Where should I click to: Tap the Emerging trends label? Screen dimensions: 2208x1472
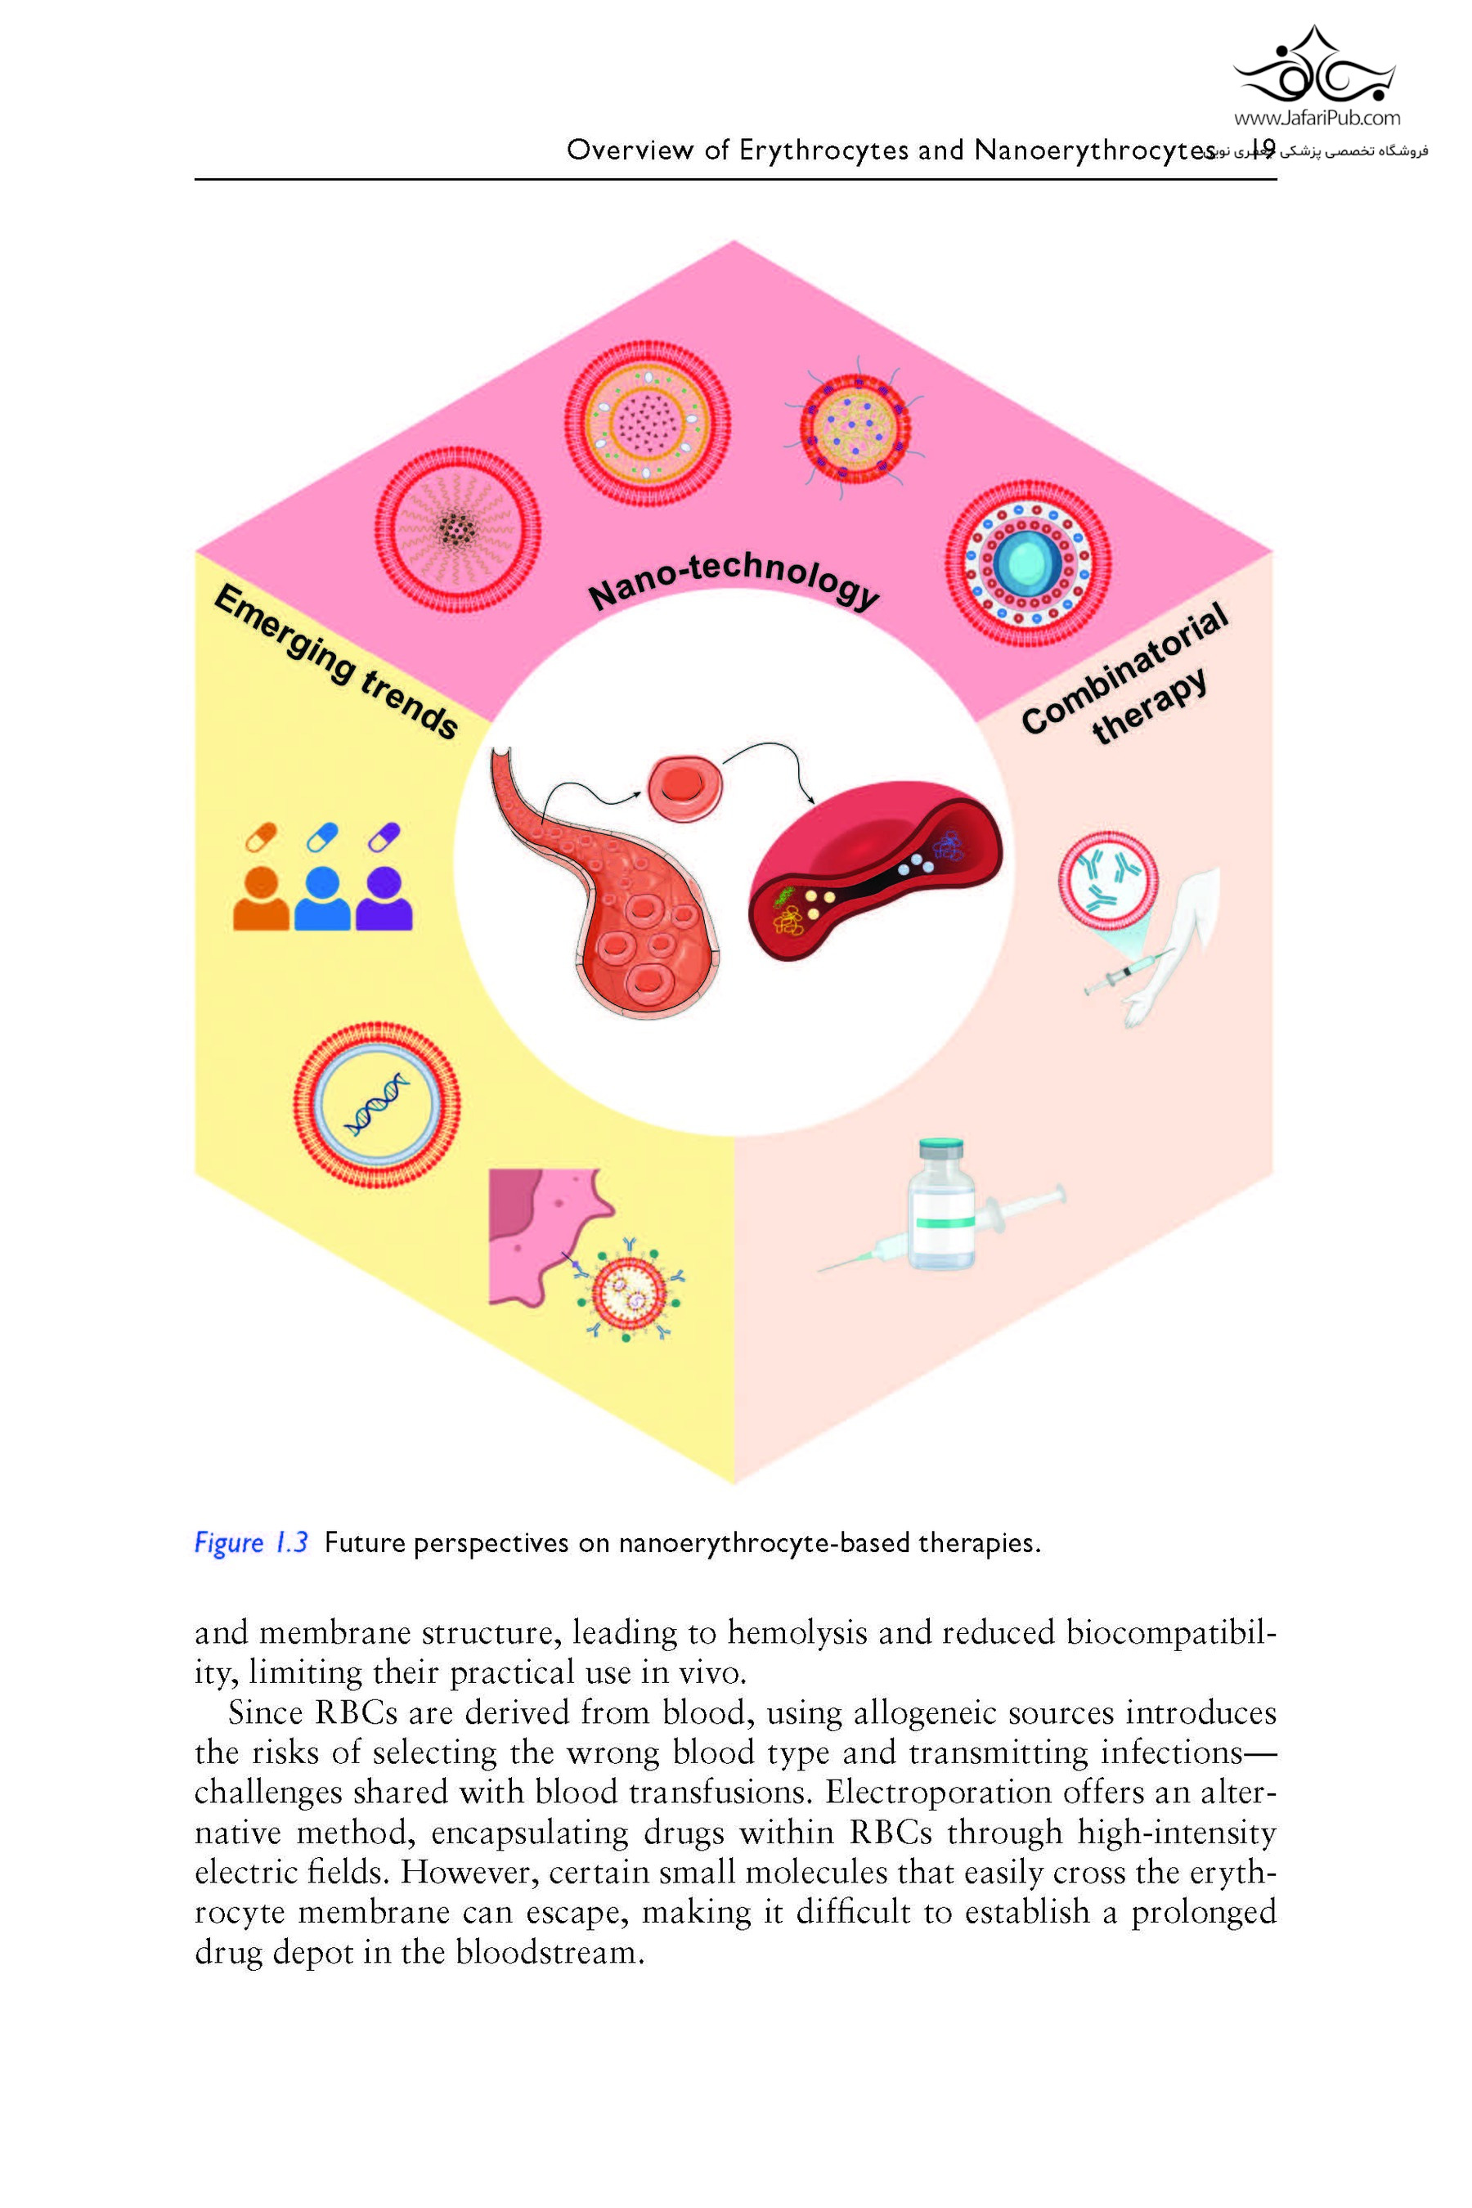(336, 661)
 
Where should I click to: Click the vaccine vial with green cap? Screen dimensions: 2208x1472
(940, 1204)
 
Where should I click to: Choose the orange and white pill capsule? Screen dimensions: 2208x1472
(261, 837)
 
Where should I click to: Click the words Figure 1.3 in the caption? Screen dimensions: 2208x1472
(251, 1542)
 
